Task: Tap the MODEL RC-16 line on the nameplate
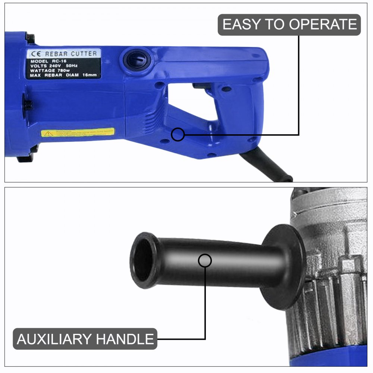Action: point(50,61)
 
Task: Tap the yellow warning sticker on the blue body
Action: point(78,132)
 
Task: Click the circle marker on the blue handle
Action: point(178,135)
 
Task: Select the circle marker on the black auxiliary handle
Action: point(205,260)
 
